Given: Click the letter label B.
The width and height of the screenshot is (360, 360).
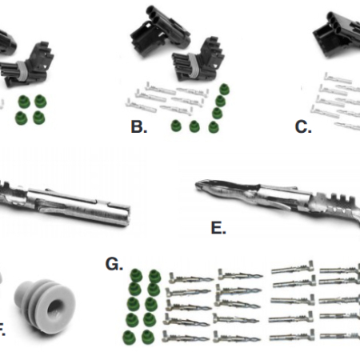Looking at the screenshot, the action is point(139,127).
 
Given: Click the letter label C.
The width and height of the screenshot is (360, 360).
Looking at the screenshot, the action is point(303,127).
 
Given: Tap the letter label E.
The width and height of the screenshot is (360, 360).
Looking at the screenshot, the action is point(218,228).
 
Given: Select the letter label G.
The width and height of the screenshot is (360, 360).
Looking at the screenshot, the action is point(114,264).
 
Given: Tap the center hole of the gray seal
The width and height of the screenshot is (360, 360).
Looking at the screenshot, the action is point(55,308).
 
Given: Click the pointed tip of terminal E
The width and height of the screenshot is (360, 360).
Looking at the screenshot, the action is point(198,186).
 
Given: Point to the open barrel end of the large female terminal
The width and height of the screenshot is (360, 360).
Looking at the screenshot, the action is point(126,216).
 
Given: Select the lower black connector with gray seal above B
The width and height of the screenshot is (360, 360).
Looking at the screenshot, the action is point(198,62).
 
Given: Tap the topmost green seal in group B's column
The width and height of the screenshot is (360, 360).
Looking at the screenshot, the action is point(224,89).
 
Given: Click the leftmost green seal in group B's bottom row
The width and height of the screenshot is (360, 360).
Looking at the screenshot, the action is point(176,126).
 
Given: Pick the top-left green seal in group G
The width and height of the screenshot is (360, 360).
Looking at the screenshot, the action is point(136,276).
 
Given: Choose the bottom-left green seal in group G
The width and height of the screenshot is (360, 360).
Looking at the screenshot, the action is point(129,338).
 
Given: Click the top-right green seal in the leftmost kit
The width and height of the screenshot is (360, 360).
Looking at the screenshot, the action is point(40,101).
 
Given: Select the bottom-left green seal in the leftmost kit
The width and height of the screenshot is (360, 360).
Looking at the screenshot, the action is point(21,118).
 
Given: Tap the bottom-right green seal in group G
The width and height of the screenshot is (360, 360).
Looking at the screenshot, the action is point(148,337).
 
